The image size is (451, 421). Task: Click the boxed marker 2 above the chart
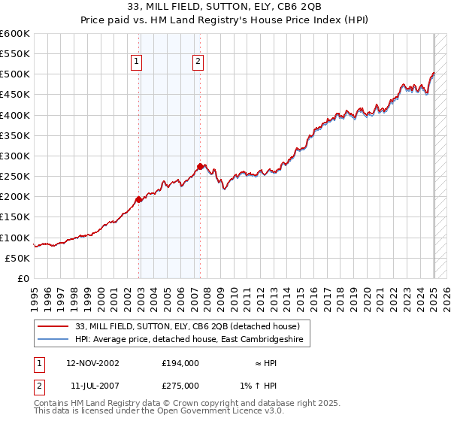coord(198,62)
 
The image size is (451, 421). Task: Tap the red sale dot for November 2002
coord(138,199)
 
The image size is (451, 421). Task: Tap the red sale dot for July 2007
coord(201,166)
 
